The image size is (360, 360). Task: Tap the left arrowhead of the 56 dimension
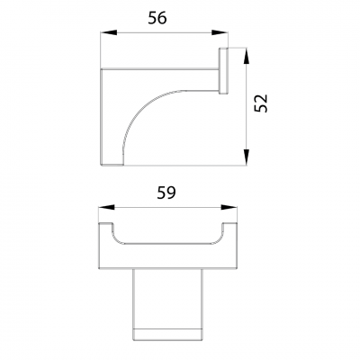coord(103,34)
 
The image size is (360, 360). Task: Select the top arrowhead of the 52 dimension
coord(247,52)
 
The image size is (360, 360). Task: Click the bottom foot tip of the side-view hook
coord(112,163)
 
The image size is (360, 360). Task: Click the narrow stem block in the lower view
coord(167,301)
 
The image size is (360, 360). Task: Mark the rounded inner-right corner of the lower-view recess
coord(219,239)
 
